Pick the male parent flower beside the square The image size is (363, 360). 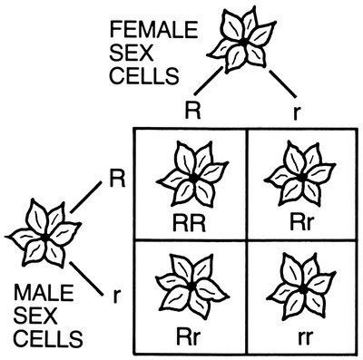coord(43,237)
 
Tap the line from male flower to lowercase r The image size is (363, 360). coord(86,270)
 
